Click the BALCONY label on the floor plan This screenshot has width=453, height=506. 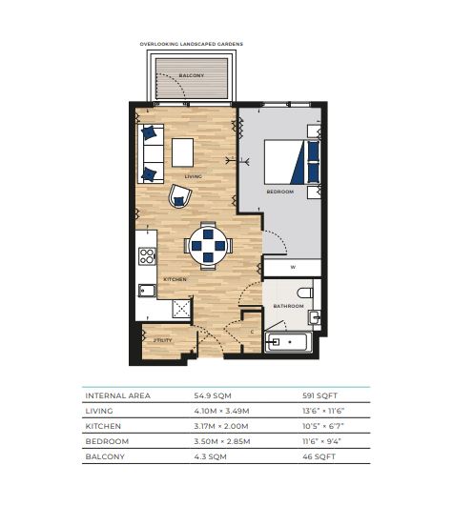[192, 75]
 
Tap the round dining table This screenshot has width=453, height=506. [208, 246]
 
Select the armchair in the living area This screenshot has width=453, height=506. [180, 196]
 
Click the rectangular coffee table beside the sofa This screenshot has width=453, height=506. [183, 152]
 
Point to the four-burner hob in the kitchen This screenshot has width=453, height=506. [147, 256]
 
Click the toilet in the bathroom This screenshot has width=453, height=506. [305, 293]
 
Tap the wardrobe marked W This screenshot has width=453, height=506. [293, 268]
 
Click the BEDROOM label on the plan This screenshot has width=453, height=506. [280, 192]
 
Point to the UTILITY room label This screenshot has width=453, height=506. [163, 340]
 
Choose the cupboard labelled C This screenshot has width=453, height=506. [252, 333]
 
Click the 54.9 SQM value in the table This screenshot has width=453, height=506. [213, 395]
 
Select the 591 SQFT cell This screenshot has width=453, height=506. [320, 395]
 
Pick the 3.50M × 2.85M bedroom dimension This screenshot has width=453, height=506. [222, 441]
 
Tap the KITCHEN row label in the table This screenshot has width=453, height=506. [103, 426]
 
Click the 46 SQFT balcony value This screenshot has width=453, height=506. [319, 456]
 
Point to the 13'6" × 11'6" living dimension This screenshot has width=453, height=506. [323, 411]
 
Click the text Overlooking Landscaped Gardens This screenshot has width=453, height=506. [192, 44]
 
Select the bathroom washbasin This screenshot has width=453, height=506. [314, 317]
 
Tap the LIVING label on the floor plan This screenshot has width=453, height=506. [193, 176]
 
